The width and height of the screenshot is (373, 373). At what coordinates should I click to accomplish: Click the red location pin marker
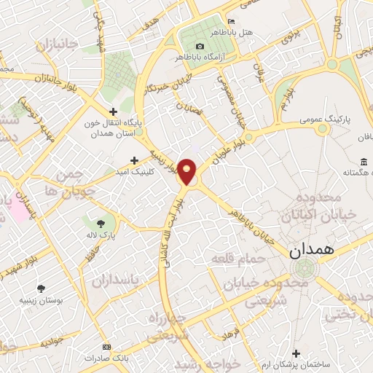point(187,170)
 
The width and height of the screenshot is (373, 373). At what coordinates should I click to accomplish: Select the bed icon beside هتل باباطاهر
point(232,20)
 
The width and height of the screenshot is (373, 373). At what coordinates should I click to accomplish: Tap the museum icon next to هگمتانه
point(364,161)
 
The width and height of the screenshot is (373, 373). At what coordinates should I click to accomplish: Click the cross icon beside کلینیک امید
point(133,160)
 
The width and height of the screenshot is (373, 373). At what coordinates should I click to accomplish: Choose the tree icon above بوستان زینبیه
point(41,288)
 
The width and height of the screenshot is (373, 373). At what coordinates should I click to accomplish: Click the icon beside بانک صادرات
point(107,347)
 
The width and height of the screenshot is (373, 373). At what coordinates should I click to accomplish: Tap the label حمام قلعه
point(230,259)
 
